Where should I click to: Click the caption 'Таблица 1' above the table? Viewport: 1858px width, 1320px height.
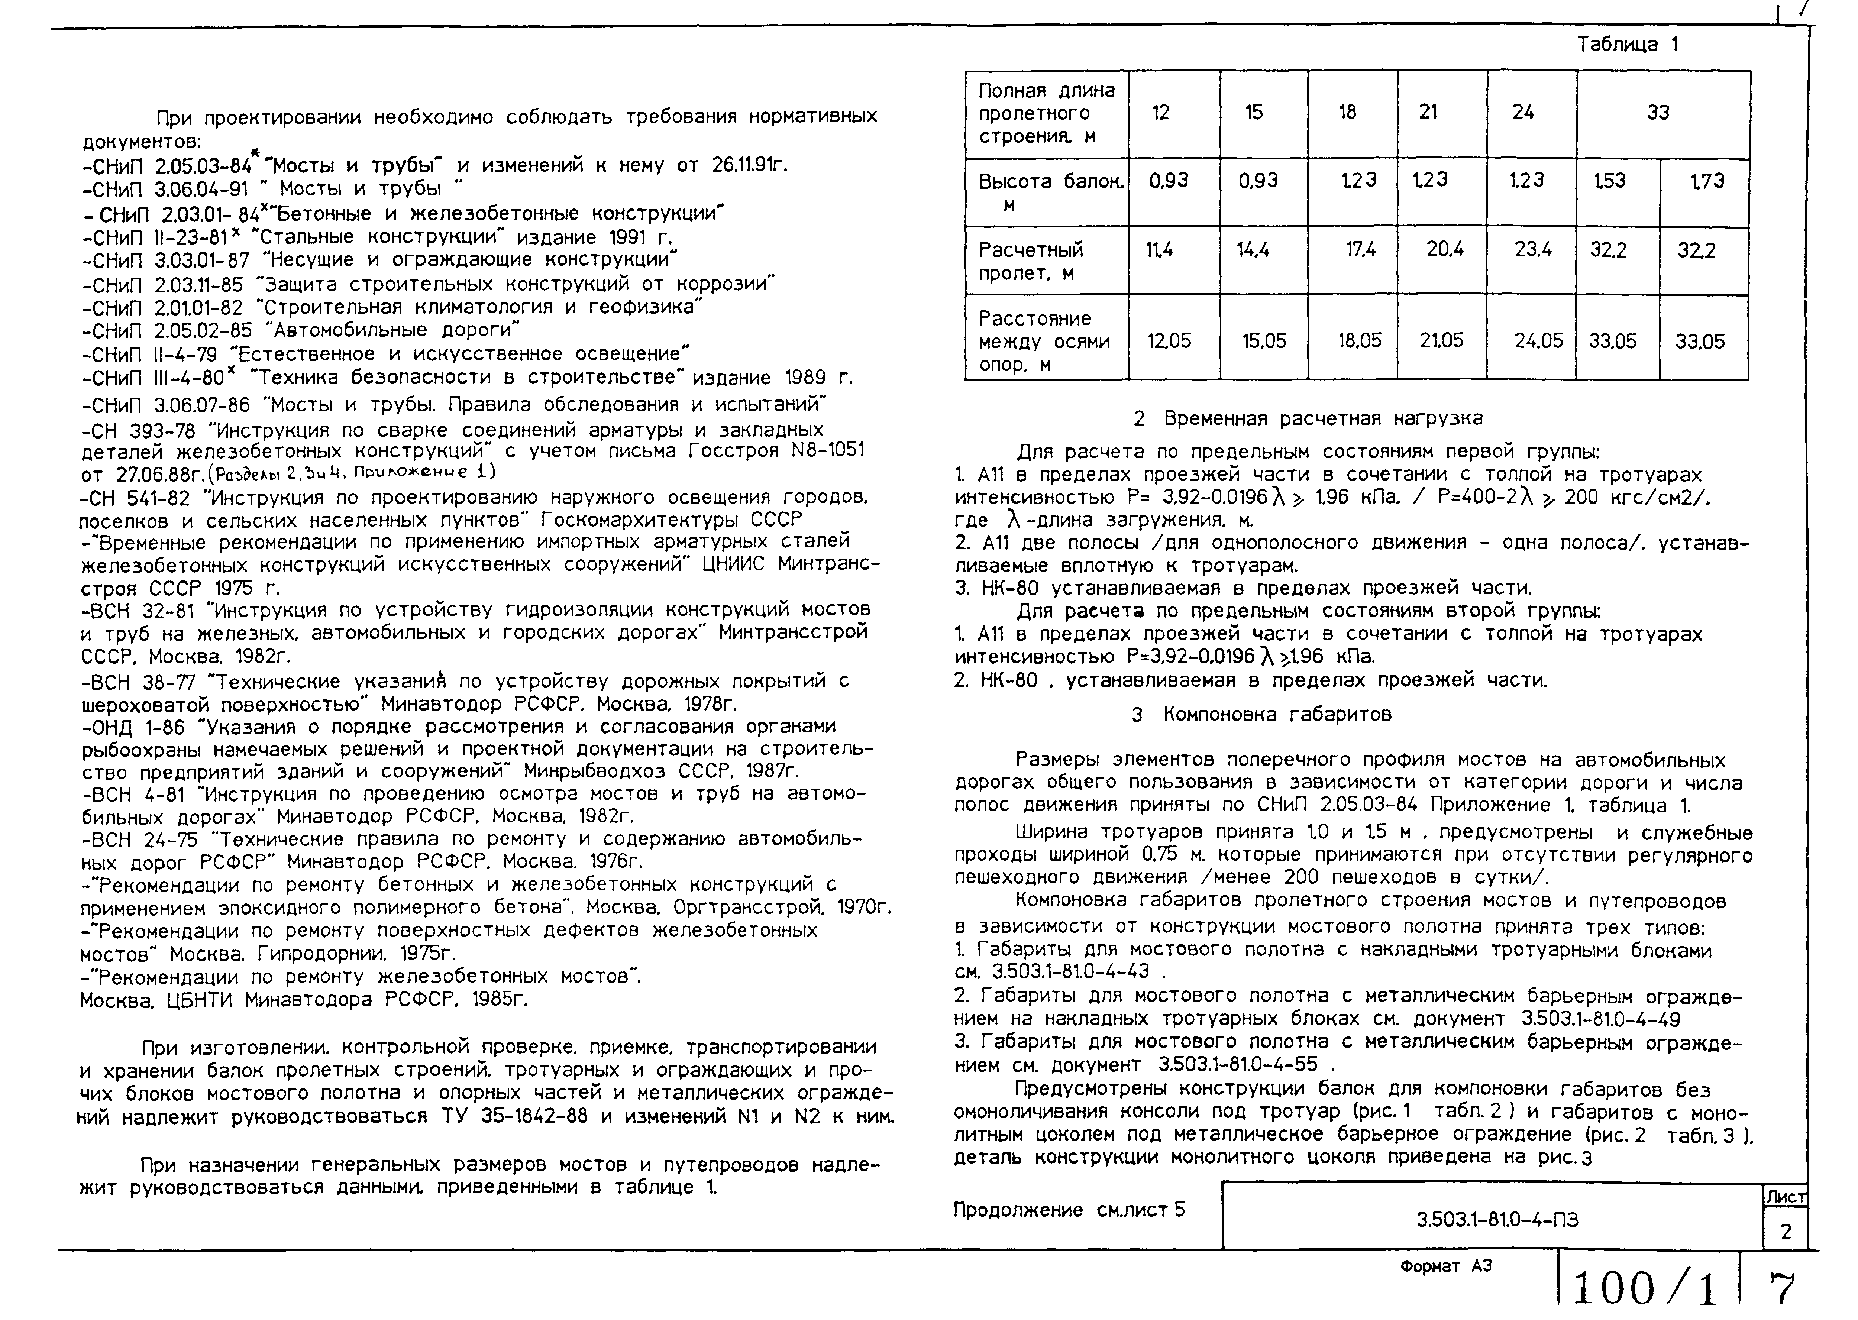click(1627, 45)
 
